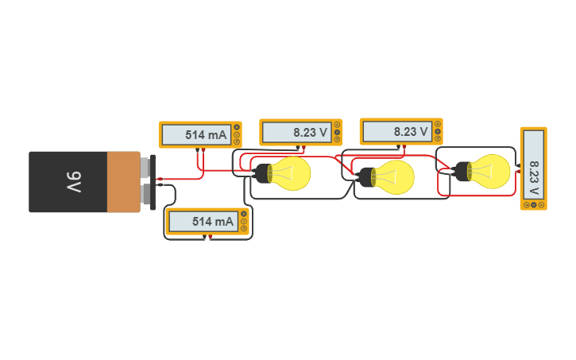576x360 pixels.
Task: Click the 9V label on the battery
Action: [73, 182]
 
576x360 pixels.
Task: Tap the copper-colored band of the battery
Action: [123, 182]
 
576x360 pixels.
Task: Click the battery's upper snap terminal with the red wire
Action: [145, 168]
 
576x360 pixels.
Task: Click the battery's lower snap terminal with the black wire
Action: [145, 195]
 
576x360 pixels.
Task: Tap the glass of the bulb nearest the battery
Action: [292, 173]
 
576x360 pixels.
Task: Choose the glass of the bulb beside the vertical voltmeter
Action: [491, 171]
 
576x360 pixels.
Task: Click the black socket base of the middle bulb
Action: [365, 176]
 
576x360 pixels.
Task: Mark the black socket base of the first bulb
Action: [261, 173]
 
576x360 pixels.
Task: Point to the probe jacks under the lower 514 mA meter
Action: [208, 236]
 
